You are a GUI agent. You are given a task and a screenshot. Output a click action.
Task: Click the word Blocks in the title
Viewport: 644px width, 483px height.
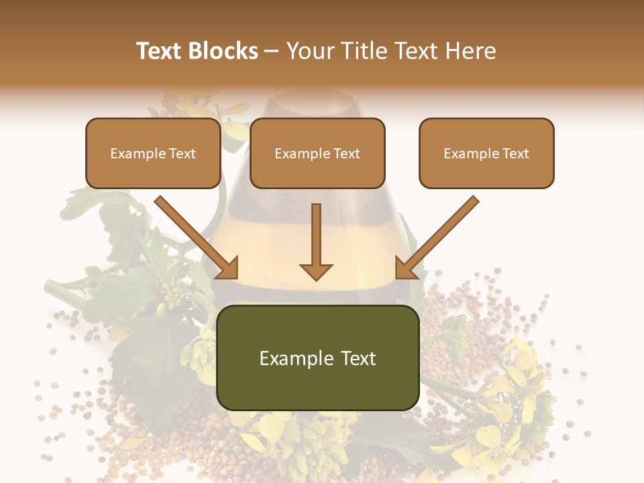[222, 51]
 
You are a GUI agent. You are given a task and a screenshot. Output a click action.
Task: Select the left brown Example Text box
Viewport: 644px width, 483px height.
[153, 154]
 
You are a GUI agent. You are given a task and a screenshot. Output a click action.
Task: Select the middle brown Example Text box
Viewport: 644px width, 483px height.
[317, 154]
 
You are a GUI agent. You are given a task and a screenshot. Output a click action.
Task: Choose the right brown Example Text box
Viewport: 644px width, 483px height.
[486, 154]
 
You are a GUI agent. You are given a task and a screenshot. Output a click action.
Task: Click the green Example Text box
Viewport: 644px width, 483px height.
[317, 358]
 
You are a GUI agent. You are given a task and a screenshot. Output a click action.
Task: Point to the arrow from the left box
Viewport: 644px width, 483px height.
[195, 235]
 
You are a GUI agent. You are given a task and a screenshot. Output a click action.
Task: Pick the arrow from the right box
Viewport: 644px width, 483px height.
[439, 235]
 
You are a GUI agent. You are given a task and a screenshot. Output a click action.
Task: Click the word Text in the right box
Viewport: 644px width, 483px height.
[516, 154]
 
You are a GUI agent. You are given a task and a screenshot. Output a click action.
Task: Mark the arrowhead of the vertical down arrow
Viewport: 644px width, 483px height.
[316, 271]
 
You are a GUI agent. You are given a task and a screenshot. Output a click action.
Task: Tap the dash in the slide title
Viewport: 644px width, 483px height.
[272, 52]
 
